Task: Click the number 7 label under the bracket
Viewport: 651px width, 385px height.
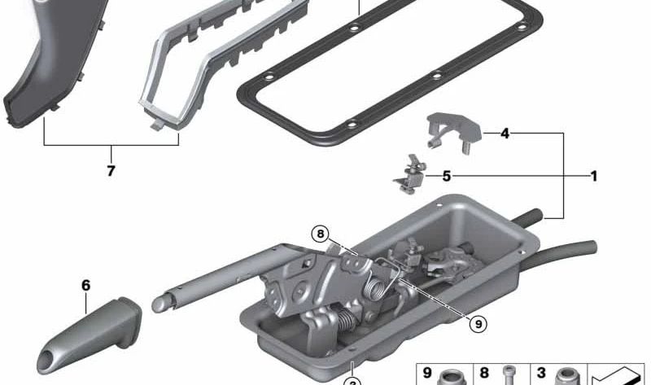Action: coord(111,171)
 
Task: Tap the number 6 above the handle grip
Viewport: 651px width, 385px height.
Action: coord(85,286)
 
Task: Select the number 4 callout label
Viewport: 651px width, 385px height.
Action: coord(505,133)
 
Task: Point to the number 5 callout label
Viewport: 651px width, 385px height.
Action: coord(446,176)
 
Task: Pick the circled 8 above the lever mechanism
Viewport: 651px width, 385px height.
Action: coord(322,234)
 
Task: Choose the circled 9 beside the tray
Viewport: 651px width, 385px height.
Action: coord(479,322)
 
